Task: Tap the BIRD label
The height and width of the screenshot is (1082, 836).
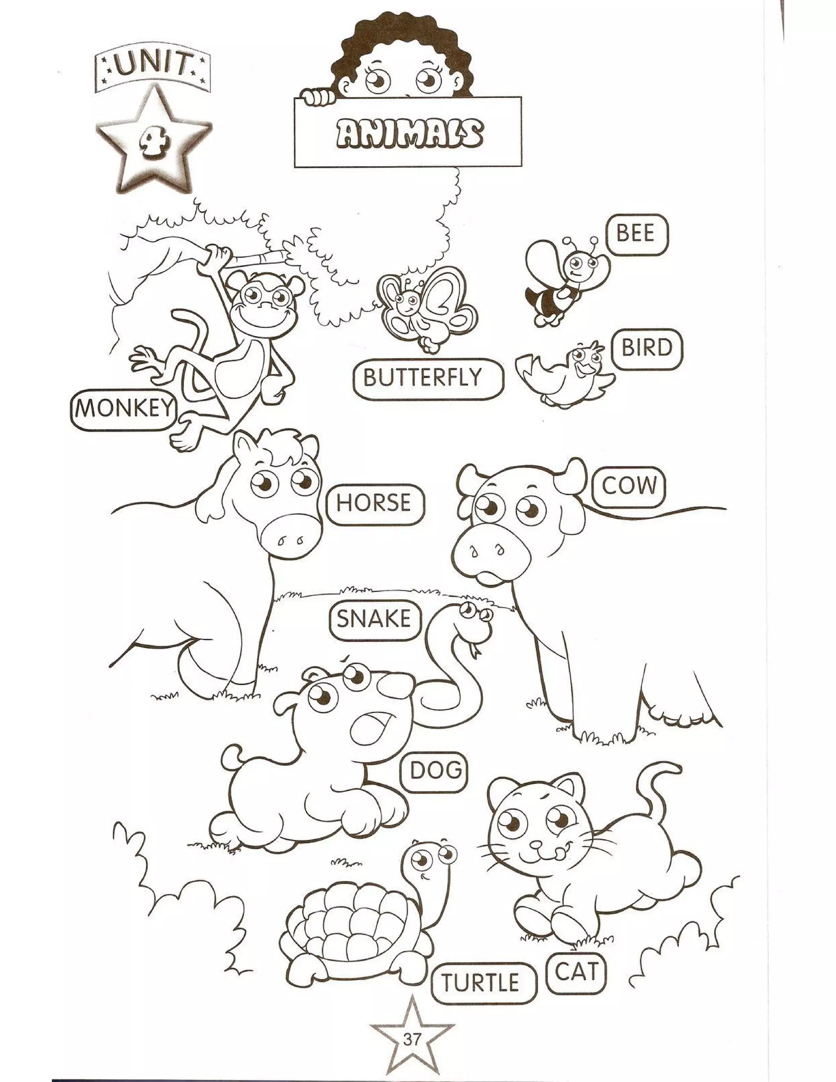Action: tap(647, 348)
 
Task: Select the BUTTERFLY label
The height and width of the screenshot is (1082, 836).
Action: tap(422, 378)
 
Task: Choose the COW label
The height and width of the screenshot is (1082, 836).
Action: tap(629, 487)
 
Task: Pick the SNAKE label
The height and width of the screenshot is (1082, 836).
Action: tap(374, 620)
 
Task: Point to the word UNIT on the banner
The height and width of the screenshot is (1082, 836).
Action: tap(153, 68)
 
